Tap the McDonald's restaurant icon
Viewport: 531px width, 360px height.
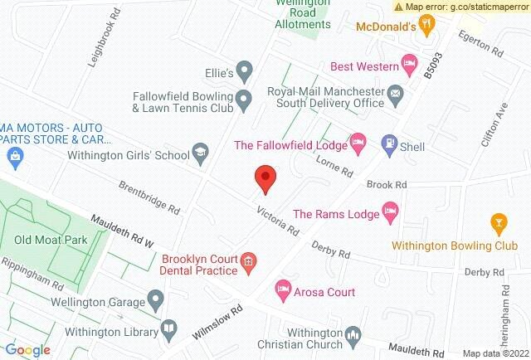(x=426, y=27)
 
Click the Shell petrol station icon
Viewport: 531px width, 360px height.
(x=388, y=144)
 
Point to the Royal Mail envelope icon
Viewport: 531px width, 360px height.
(x=396, y=92)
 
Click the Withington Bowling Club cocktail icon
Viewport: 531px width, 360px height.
(x=498, y=221)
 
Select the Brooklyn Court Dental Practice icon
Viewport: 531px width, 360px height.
(x=247, y=265)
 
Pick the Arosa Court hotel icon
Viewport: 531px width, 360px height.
(x=282, y=290)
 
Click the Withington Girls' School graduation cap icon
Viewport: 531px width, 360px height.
(x=200, y=152)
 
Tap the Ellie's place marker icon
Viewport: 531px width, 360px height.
(x=244, y=69)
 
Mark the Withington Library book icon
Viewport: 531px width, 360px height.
(x=169, y=328)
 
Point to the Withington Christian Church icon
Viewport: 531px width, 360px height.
(x=353, y=335)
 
